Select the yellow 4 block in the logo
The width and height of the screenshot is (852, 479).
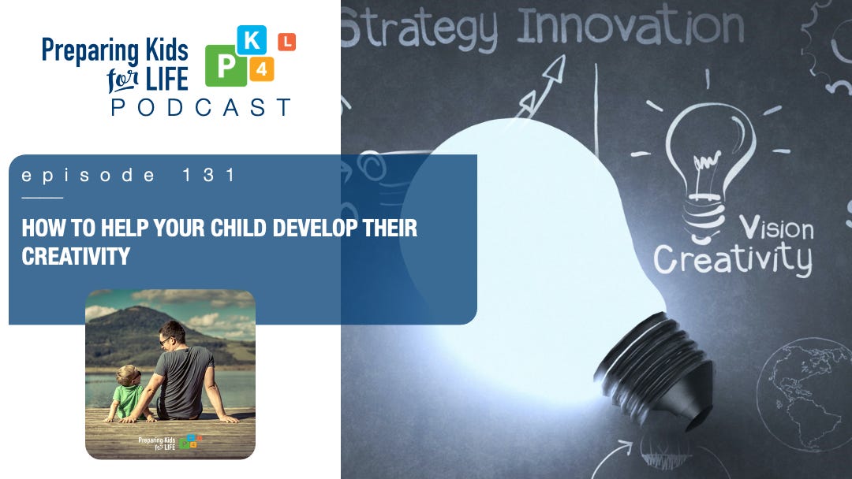pyautogui.click(x=260, y=69)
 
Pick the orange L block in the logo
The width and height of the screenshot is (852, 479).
pyautogui.click(x=286, y=43)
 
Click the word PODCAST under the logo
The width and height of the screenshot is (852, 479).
pyautogui.click(x=201, y=108)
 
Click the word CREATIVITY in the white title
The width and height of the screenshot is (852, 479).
pyautogui.click(x=76, y=256)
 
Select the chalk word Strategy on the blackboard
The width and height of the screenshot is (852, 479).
pyautogui.click(x=420, y=29)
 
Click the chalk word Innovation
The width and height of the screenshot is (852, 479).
pyautogui.click(x=630, y=27)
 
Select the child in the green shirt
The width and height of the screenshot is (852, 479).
pyautogui.click(x=129, y=391)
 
